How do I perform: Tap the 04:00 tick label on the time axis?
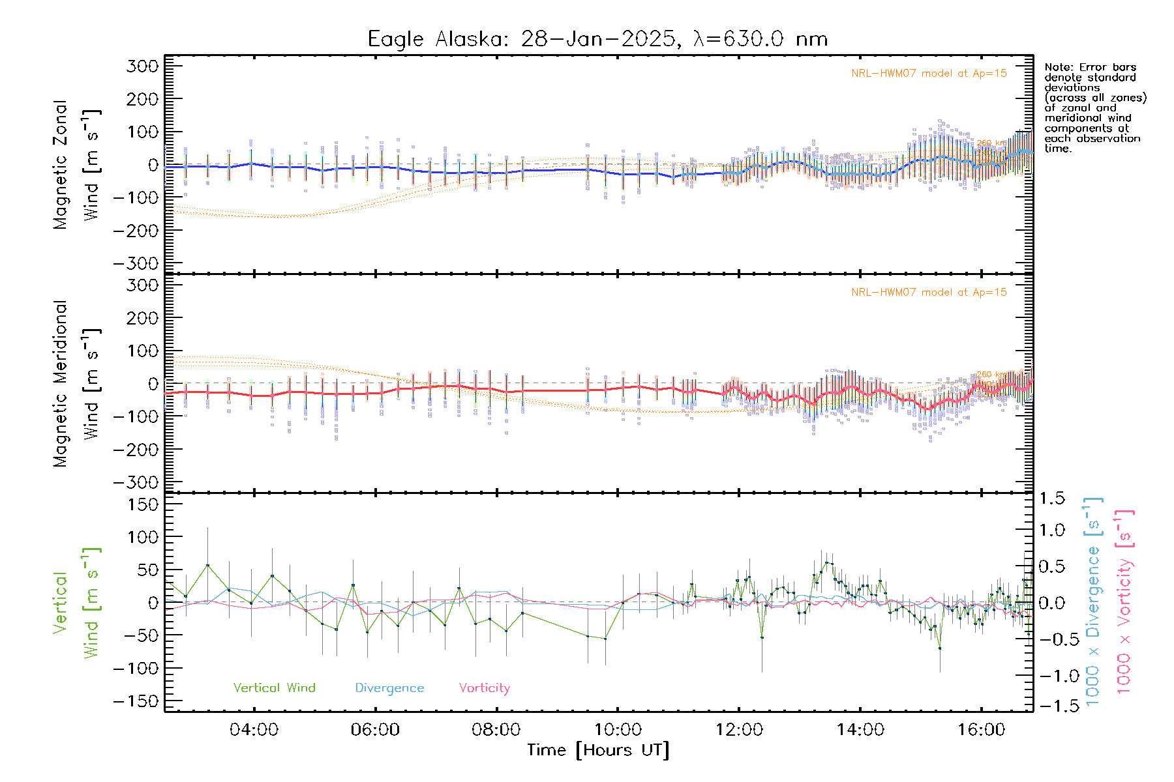pyautogui.click(x=254, y=730)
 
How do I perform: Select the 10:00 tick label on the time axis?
pyautogui.click(x=618, y=730)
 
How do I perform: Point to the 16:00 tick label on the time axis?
pyautogui.click(x=981, y=730)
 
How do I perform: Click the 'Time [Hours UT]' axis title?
pyautogui.click(x=598, y=750)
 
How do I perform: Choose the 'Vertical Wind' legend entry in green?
pyautogui.click(x=274, y=688)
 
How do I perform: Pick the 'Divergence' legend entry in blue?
pyautogui.click(x=389, y=688)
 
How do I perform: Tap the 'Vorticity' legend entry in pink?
pyautogui.click(x=484, y=688)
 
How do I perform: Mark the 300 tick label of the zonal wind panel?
pyautogui.click(x=142, y=66)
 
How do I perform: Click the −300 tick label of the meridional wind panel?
pyautogui.click(x=136, y=482)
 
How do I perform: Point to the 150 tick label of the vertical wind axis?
pyautogui.click(x=142, y=504)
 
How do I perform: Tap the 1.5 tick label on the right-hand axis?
pyautogui.click(x=1052, y=499)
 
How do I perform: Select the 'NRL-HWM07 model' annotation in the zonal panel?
pyautogui.click(x=928, y=74)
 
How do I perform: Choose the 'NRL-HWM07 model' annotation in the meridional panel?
pyautogui.click(x=928, y=293)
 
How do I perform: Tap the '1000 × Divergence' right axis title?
pyautogui.click(x=1093, y=601)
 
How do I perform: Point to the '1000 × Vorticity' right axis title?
pyautogui.click(x=1124, y=601)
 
